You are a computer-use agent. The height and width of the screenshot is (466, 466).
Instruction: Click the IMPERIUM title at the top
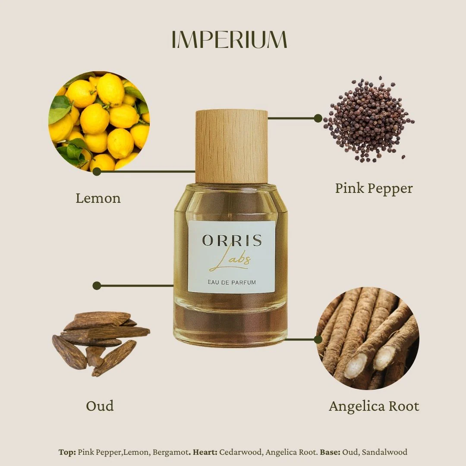[x=230, y=39]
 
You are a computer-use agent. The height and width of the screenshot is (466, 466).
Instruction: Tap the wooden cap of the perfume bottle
[x=232, y=147]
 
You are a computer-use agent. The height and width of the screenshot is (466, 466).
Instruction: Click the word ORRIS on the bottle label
[x=232, y=240]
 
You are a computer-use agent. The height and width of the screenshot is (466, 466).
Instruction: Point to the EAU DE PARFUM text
[x=232, y=282]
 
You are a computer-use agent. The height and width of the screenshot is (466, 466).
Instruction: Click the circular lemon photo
[x=99, y=121]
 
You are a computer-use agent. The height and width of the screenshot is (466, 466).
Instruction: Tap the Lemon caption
[x=98, y=198]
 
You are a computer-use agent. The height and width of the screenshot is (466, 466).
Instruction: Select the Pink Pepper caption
[x=374, y=189]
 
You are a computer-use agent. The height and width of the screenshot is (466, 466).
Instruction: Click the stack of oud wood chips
[x=101, y=343]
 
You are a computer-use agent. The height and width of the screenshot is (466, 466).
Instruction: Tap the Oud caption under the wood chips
[x=100, y=406]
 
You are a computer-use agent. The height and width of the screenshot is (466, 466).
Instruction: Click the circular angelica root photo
[x=368, y=338]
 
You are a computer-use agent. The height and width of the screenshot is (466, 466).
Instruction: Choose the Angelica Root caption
[x=374, y=406]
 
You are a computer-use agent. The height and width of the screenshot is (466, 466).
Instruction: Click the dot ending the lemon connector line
[x=97, y=171]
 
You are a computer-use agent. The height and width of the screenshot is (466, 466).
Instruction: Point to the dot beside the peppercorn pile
[x=318, y=118]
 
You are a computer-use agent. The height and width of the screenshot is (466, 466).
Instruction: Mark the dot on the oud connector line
[x=97, y=286]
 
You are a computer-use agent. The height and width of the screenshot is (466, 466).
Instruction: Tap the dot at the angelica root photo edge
[x=318, y=340]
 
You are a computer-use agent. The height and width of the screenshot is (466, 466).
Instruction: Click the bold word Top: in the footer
[x=67, y=452]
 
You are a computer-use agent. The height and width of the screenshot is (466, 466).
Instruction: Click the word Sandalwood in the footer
[x=384, y=452]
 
